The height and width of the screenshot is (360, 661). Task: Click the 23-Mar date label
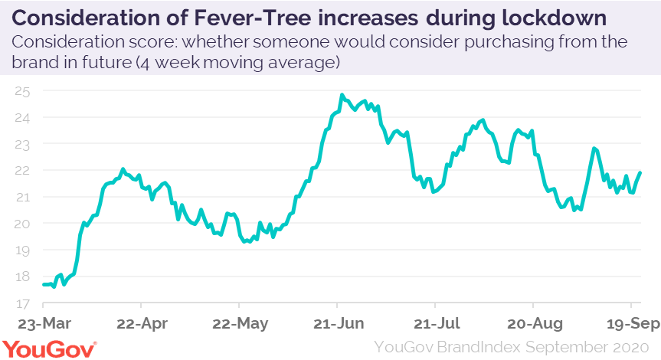point(44,322)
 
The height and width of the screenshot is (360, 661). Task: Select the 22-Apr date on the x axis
point(142,322)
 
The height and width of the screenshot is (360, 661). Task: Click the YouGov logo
point(50,348)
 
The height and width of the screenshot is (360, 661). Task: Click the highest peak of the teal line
point(342,95)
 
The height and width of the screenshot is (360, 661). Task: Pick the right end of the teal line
point(640,173)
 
